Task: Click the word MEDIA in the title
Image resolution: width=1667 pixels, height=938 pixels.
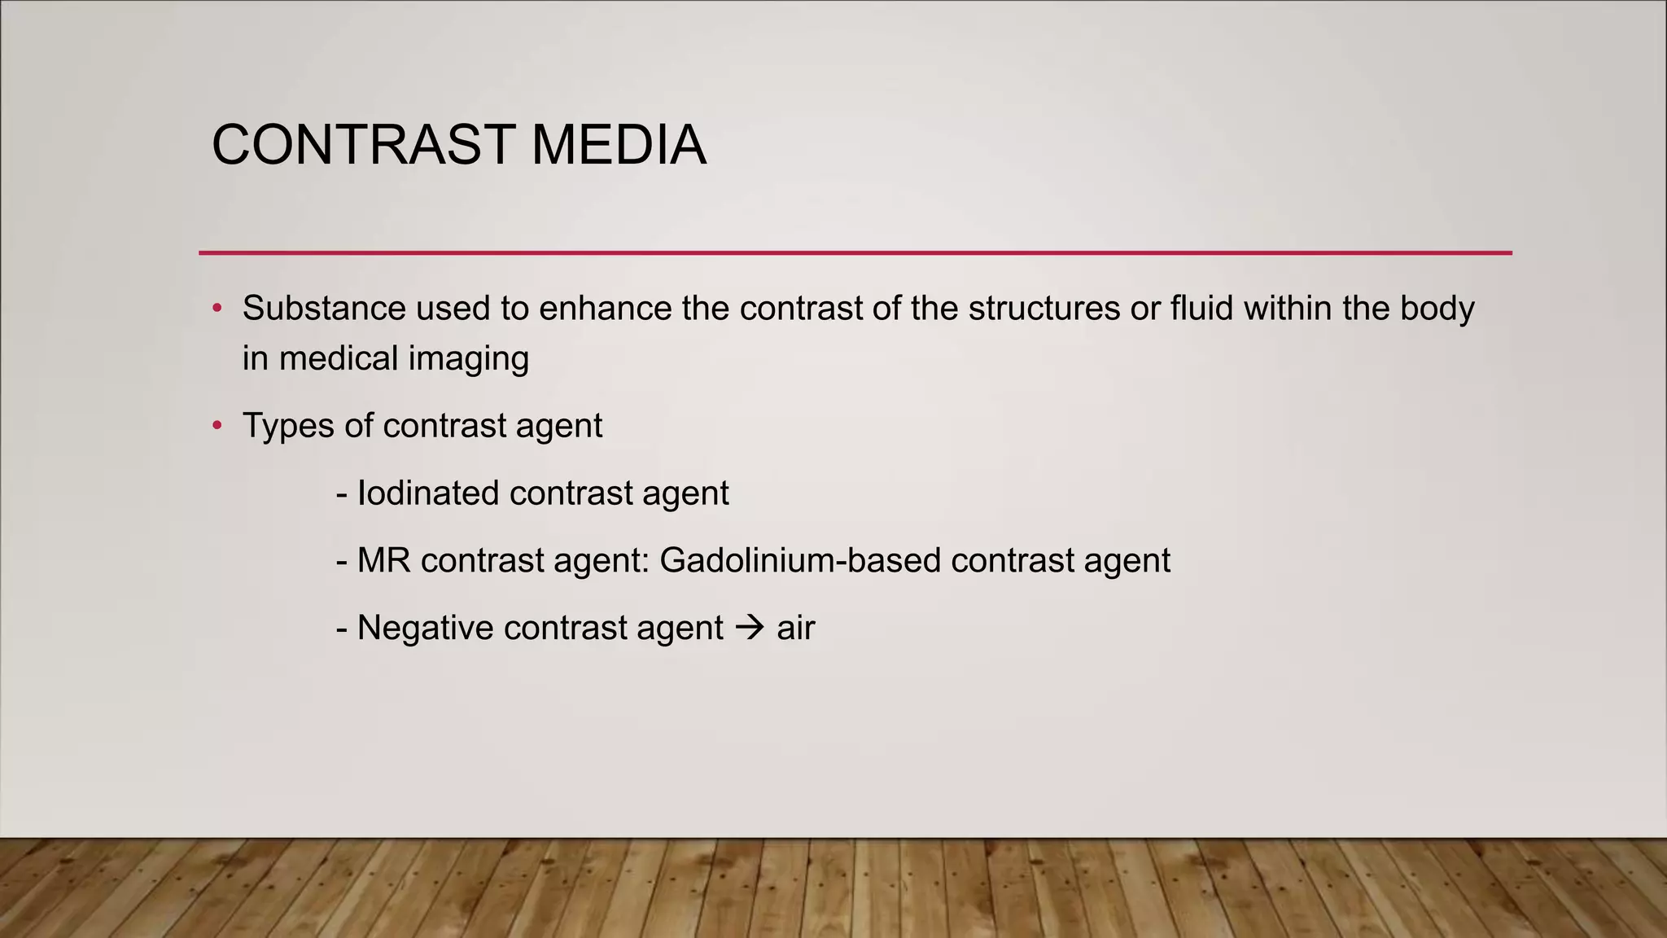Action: [619, 145]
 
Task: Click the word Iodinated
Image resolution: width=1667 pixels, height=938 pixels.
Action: [428, 493]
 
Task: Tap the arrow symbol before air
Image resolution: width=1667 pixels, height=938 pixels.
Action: [750, 628]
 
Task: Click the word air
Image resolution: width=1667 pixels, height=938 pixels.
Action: [795, 629]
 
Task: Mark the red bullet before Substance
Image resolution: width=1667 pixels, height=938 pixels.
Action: [217, 309]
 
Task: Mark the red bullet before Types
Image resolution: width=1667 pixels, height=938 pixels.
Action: [217, 426]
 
